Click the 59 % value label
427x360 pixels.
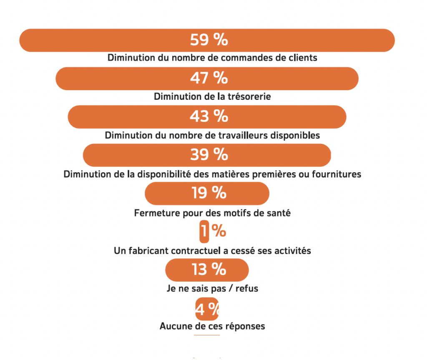208,40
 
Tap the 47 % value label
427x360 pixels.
208,78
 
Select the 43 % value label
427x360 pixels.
208,116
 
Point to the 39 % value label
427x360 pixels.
208,155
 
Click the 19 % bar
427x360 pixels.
207,193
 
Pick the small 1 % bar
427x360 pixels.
204,232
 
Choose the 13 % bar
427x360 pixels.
207,270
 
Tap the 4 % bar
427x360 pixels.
207,309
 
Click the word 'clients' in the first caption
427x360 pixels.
303,58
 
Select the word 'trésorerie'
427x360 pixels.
249,97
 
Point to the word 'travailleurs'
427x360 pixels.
247,135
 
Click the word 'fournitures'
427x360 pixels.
339,174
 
